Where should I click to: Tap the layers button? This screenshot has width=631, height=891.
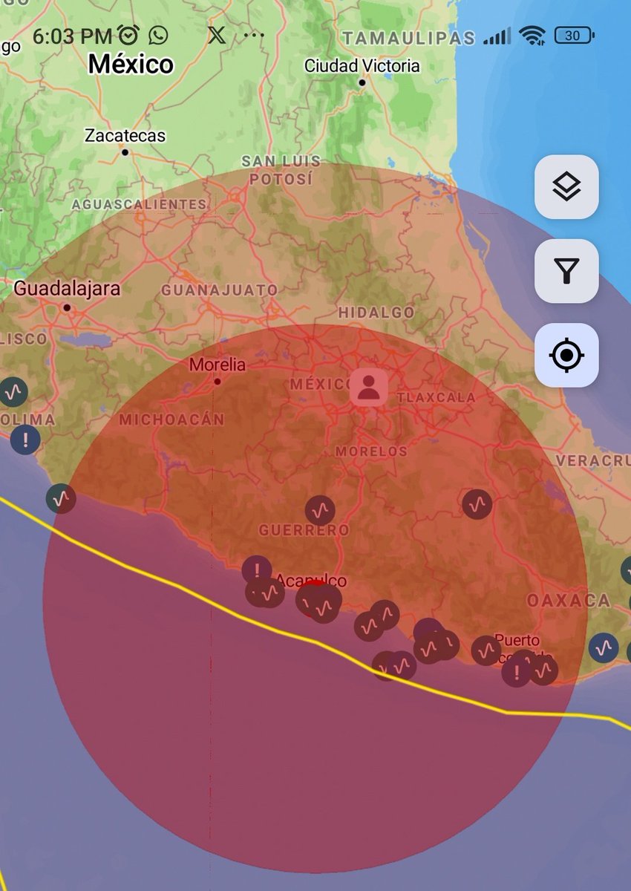566,187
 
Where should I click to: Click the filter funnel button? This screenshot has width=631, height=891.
566,271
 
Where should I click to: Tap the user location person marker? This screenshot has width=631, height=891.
368,387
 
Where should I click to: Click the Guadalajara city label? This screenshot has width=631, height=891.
67,289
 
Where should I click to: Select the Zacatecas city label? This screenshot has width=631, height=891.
125,136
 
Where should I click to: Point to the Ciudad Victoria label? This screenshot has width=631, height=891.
362,66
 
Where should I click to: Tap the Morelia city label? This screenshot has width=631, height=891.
217,365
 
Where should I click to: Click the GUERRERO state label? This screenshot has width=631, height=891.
304,530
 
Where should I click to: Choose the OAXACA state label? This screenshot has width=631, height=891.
569,600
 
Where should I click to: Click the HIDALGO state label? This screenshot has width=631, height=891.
376,313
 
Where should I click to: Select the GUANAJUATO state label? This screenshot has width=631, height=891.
220,290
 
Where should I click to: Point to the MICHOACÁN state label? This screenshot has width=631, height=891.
171,420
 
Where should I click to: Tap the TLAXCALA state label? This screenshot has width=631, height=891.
436,397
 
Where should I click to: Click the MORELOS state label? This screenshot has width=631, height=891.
371,451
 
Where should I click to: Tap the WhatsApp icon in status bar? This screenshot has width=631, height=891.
158,35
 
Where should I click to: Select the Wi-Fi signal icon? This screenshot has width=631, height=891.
532,36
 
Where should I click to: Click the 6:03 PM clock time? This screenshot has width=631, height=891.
72,36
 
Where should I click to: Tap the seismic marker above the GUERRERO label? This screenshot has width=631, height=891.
320,510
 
